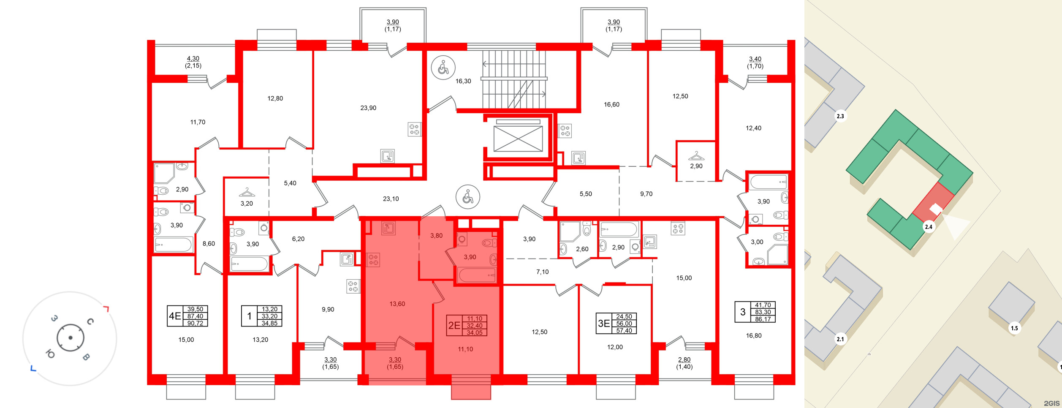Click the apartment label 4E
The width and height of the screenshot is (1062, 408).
tap(175, 316)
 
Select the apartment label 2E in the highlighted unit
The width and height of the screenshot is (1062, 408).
tap(454, 325)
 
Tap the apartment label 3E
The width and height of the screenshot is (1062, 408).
tap(604, 324)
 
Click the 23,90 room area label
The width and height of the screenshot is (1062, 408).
tap(368, 108)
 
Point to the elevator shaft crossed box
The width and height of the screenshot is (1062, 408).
tap(518, 139)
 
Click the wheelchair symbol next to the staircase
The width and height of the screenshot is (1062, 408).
tap(443, 68)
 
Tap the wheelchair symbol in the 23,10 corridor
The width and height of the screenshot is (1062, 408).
tap(468, 197)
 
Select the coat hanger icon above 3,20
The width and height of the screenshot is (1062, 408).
tap(247, 193)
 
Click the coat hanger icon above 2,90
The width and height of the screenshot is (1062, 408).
tap(696, 156)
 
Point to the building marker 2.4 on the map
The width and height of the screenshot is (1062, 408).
tap(929, 227)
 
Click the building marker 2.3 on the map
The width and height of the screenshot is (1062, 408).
tap(840, 116)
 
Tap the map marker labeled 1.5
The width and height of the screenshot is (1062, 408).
tap(1014, 328)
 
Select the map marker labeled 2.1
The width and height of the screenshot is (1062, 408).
tap(840, 339)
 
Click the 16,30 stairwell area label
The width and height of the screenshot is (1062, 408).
tap(463, 81)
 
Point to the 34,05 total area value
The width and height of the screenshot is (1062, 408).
tap(475, 333)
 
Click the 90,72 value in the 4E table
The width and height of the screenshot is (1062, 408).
tap(195, 324)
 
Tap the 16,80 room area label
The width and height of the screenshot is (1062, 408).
tap(754, 336)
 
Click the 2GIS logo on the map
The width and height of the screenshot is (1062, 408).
tap(1051, 403)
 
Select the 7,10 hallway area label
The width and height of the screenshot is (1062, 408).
tap(543, 272)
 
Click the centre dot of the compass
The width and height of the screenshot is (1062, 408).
tap(71, 338)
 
